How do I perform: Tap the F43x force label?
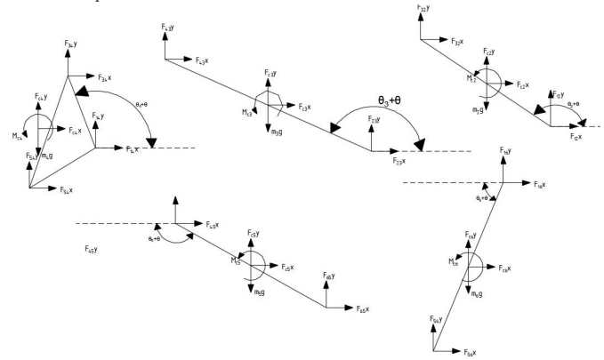pyautogui.click(x=202, y=61)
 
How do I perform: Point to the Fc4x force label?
pyautogui.click(x=78, y=130)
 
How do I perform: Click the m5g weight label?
pyautogui.click(x=260, y=292)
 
